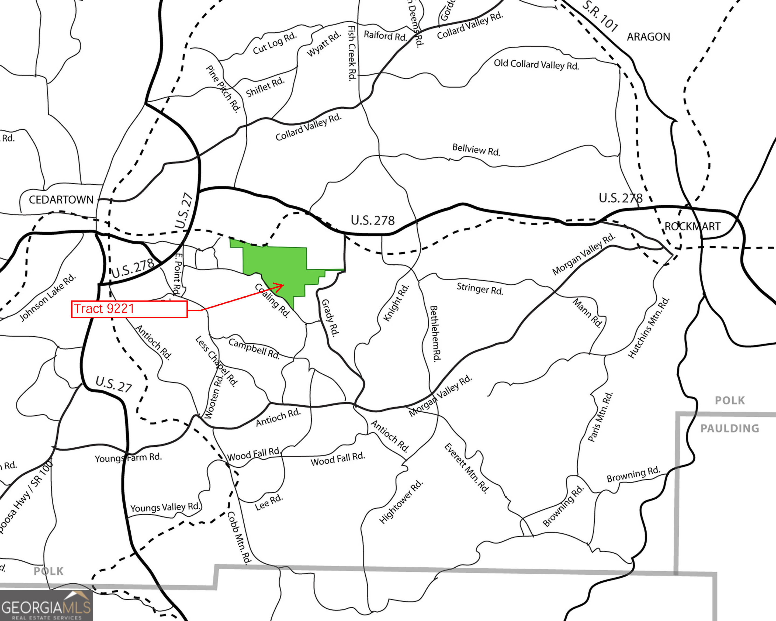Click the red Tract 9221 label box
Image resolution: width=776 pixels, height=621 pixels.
[129, 309]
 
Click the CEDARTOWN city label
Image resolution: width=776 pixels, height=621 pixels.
[61, 200]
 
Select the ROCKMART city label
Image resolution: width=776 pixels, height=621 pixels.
[692, 226]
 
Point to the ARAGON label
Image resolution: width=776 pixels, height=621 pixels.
[648, 37]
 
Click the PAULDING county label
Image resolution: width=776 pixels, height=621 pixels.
[730, 428]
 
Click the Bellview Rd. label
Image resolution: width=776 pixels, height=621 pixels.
[476, 149]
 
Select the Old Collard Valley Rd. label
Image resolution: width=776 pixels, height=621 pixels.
[536, 65]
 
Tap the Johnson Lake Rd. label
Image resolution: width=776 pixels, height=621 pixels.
[47, 297]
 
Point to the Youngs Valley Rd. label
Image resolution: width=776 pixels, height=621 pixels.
[165, 507]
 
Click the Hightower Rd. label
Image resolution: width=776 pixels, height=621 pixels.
[401, 502]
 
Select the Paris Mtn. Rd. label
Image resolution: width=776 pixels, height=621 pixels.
[600, 417]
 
